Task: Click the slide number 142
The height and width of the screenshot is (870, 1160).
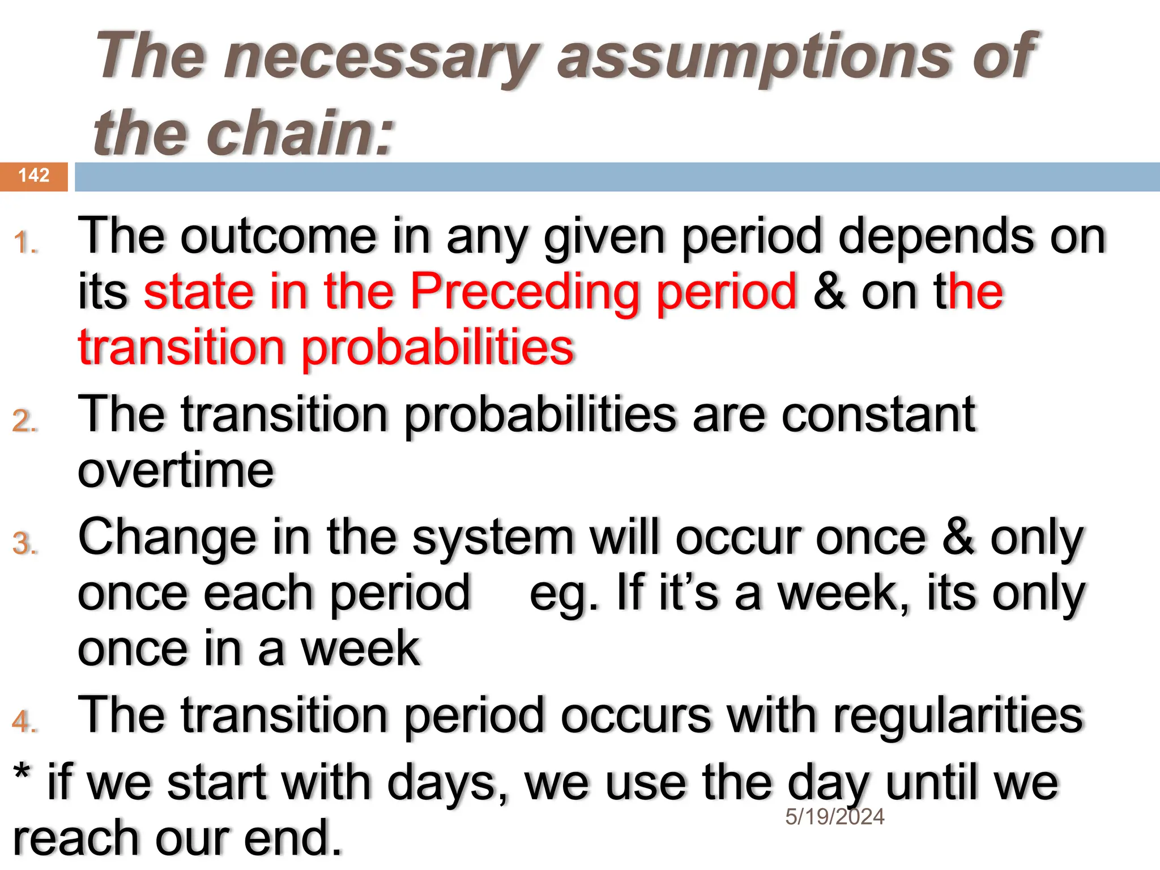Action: click(34, 176)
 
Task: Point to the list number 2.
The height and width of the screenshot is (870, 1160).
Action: click(25, 421)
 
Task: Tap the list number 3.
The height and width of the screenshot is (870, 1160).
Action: click(25, 543)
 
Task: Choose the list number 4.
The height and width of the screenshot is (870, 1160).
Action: click(25, 722)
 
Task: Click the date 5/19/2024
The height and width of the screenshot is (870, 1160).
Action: click(834, 817)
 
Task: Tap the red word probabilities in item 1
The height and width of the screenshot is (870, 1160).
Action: click(438, 347)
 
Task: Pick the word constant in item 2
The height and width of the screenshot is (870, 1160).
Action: click(878, 415)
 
